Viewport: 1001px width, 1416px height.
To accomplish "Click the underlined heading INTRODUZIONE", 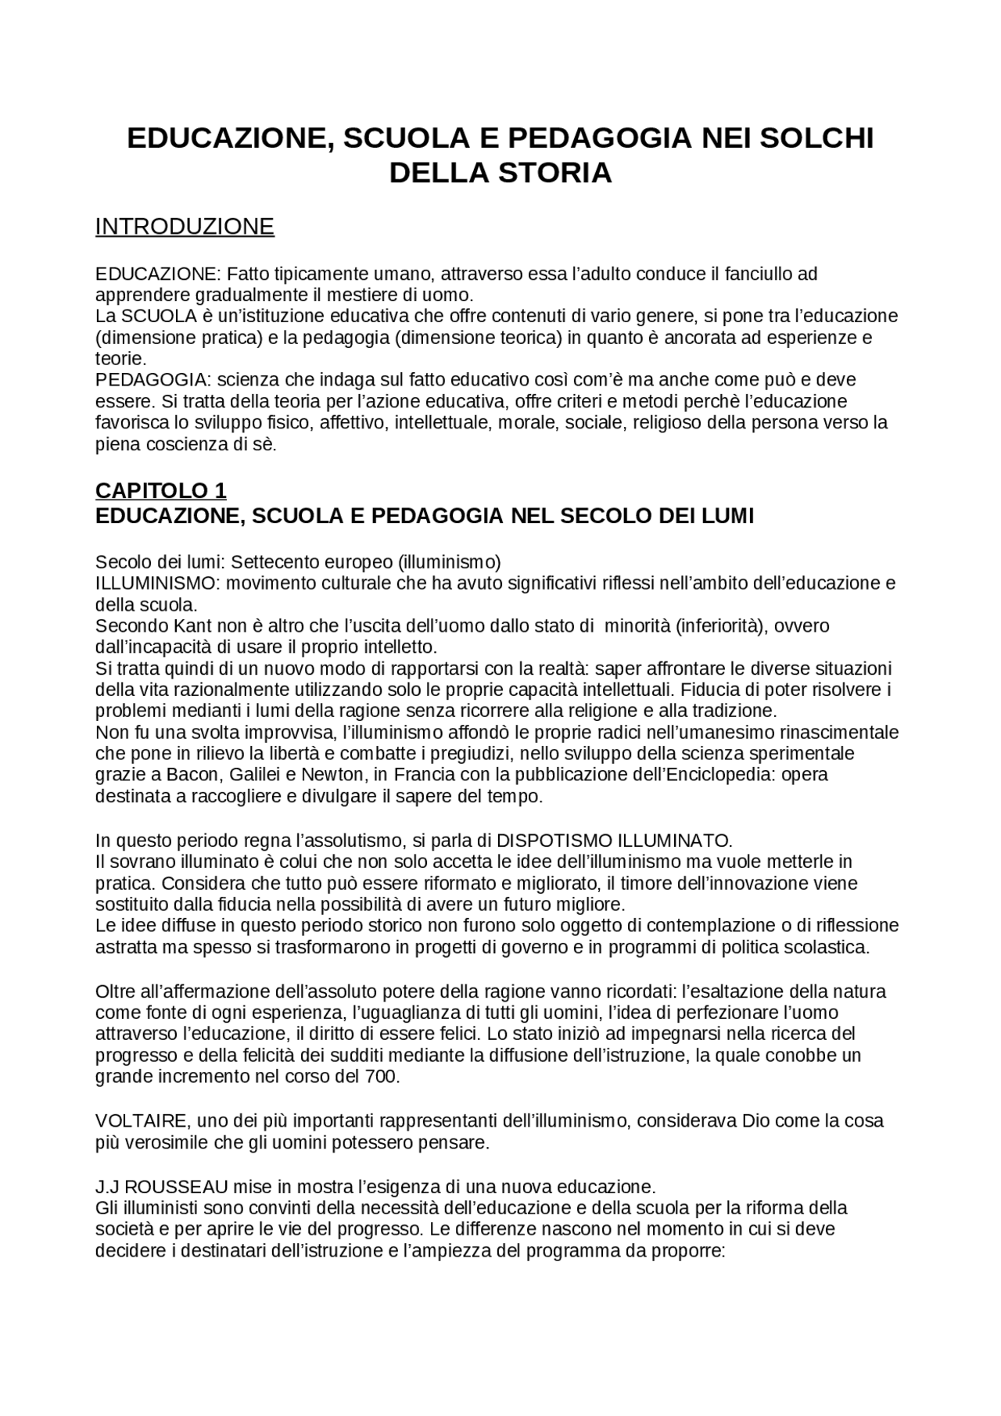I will [x=185, y=227].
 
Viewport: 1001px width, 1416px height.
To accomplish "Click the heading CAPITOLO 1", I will [x=160, y=490].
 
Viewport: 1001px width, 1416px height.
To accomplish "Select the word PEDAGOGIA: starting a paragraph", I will [x=153, y=380].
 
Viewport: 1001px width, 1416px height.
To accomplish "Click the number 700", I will [x=382, y=1077].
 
